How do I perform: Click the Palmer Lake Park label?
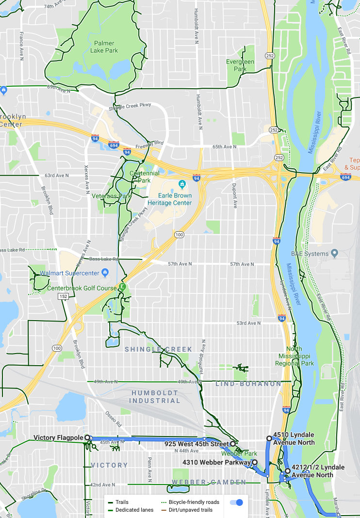pyautogui.click(x=104, y=47)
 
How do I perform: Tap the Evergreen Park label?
pyautogui.click(x=240, y=65)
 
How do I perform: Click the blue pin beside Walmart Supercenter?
pyautogui.click(x=105, y=273)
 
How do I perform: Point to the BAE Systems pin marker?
pyautogui.click(x=334, y=253)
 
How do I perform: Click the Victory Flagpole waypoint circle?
pyautogui.click(x=88, y=438)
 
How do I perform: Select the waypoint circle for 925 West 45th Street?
pyautogui.click(x=233, y=444)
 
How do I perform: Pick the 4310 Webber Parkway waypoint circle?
pyautogui.click(x=255, y=462)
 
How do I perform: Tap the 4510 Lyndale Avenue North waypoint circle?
pyautogui.click(x=269, y=438)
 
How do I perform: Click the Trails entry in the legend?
pyautogui.click(x=118, y=502)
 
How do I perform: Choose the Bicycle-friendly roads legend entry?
pyautogui.click(x=190, y=502)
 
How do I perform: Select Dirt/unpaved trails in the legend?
pyautogui.click(x=190, y=510)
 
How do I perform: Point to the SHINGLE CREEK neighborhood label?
pyautogui.click(x=159, y=349)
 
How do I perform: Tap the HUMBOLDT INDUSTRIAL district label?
pyautogui.click(x=154, y=397)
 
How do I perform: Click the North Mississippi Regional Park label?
pyautogui.click(x=295, y=356)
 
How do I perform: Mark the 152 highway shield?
pyautogui.click(x=64, y=296)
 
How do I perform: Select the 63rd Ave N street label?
pyautogui.click(x=56, y=175)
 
